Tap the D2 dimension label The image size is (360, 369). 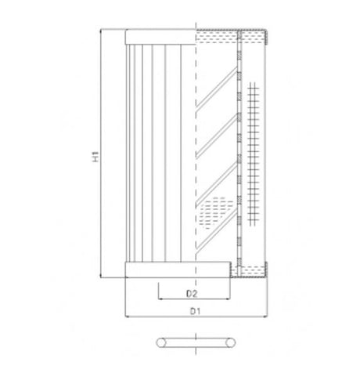tap(191, 294)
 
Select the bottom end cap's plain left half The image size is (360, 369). tap(160, 271)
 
